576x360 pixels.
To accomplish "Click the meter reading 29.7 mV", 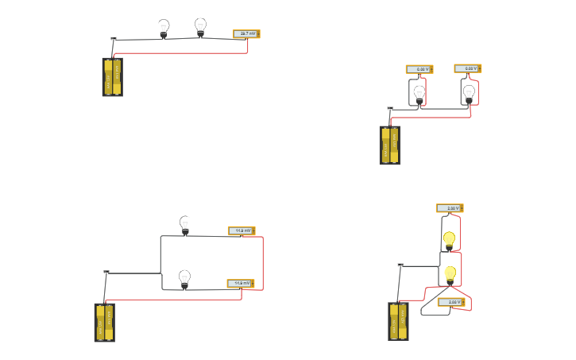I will (x=246, y=34).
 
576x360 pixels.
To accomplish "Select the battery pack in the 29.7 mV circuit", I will (x=112, y=77).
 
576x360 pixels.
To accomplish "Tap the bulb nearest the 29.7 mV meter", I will (x=200, y=28).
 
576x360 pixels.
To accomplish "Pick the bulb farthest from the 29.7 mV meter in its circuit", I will (x=164, y=29).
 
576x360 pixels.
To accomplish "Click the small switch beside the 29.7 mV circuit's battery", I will (x=114, y=38).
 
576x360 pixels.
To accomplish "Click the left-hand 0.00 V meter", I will (x=419, y=69).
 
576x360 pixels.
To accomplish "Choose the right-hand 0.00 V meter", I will (x=468, y=68).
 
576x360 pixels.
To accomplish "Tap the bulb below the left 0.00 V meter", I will (x=419, y=95).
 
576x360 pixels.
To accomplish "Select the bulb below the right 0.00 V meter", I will (x=469, y=94).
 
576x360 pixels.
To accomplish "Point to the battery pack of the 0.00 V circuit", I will (x=389, y=145).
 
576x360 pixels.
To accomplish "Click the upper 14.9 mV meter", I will (x=242, y=230).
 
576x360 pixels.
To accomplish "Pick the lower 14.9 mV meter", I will (x=241, y=283).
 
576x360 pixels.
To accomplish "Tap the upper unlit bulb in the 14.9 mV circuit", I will (x=185, y=226).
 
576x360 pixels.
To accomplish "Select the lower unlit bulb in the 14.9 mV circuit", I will (x=184, y=279).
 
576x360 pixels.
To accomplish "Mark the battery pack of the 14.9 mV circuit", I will (x=104, y=322).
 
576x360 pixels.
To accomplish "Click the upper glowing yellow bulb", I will (x=449, y=239).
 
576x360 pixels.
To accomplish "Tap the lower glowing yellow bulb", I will (x=450, y=274).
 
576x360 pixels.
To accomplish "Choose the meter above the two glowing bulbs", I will (x=450, y=208).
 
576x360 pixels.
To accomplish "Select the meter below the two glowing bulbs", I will (x=450, y=302).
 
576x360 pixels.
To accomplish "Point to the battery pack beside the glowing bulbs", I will (x=398, y=321).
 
